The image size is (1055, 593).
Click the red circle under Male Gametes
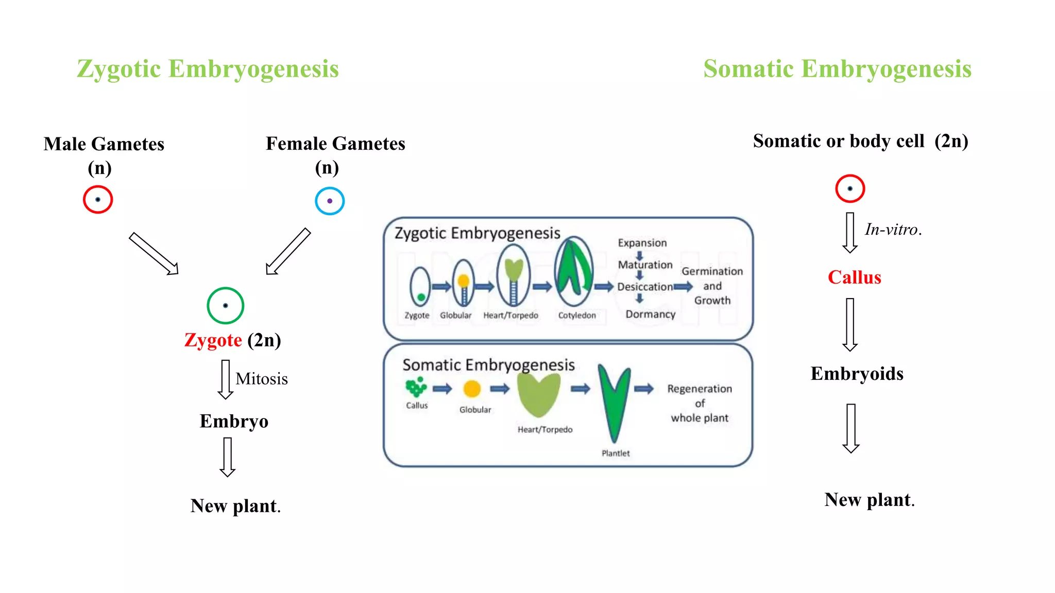tap(98, 200)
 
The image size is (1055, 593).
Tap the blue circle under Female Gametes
tap(330, 201)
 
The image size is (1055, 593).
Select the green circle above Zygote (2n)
tap(225, 305)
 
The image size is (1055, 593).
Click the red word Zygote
tap(213, 340)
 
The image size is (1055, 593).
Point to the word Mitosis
tap(262, 379)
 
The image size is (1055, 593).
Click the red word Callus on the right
tap(854, 277)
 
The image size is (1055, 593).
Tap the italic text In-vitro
tap(893, 230)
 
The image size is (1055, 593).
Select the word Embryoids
tap(857, 374)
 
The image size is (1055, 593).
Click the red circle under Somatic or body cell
tap(850, 188)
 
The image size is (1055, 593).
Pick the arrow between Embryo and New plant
tap(227, 457)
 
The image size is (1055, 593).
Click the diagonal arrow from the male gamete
tap(154, 253)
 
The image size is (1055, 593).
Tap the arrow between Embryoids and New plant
tap(851, 428)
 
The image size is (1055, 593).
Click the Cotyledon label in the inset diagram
tap(577, 315)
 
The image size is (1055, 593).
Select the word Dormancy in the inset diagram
tap(650, 314)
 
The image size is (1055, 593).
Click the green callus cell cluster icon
tap(416, 387)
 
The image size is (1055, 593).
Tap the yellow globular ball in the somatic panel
tap(472, 389)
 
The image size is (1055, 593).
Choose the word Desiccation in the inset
tap(645, 287)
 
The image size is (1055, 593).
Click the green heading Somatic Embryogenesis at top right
tap(837, 69)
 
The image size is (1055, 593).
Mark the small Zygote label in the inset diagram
tap(417, 315)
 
